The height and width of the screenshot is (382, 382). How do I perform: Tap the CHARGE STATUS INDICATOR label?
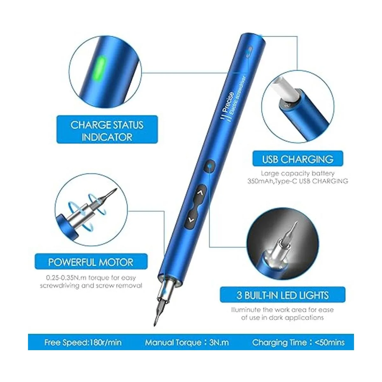pyautogui.click(x=107, y=129)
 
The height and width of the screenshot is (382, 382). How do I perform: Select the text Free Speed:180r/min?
pyautogui.click(x=83, y=342)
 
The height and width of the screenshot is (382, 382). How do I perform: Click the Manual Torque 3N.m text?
pyautogui.click(x=187, y=342)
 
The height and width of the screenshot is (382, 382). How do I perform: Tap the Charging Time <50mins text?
pyautogui.click(x=298, y=342)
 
